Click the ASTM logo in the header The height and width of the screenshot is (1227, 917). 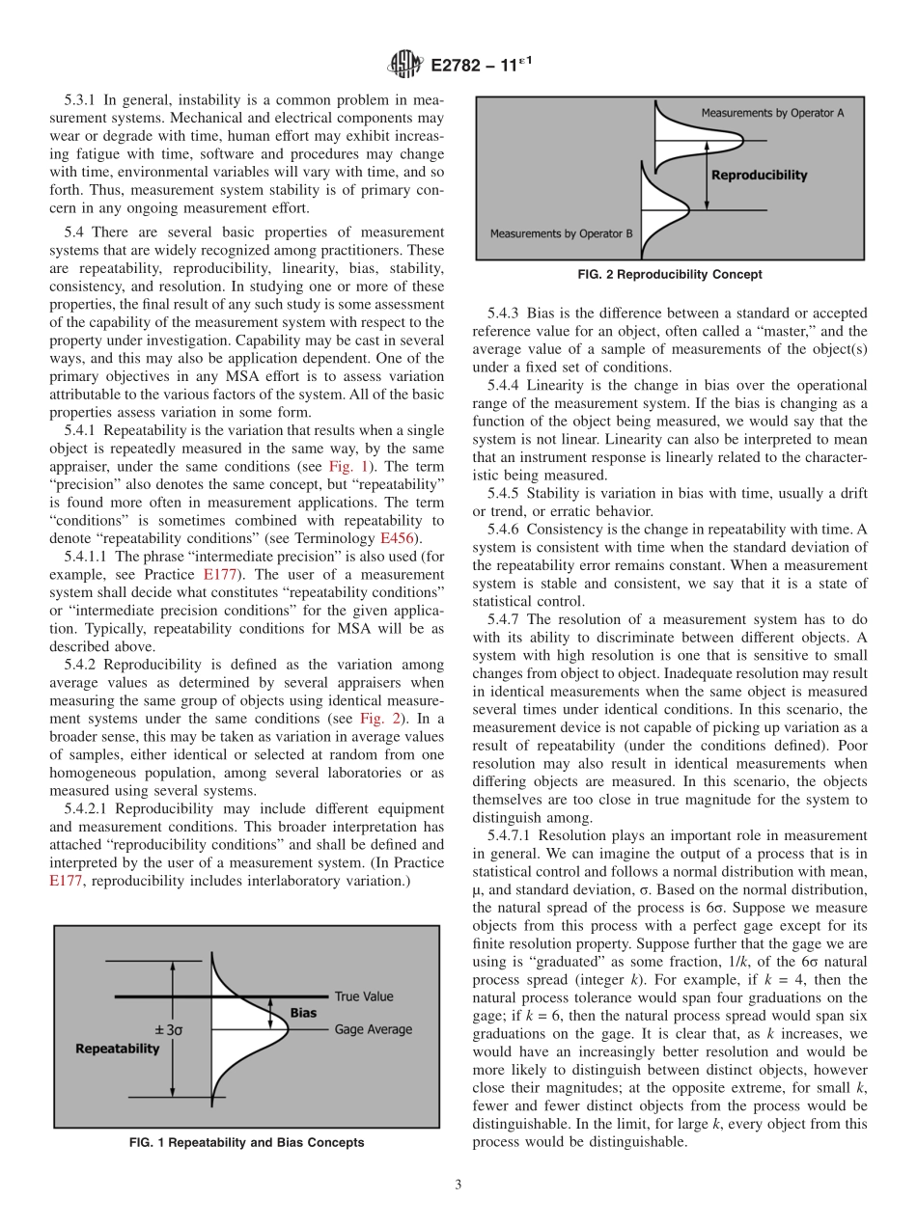403,65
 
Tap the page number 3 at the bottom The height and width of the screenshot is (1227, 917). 458,1185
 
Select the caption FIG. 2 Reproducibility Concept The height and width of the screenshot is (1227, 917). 669,274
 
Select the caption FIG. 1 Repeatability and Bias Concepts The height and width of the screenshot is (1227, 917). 246,1142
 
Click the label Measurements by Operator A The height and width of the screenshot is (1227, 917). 772,113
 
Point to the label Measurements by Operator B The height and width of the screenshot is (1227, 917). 559,233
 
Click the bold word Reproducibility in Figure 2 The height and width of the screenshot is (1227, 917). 759,176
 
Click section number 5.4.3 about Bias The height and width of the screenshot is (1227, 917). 504,313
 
